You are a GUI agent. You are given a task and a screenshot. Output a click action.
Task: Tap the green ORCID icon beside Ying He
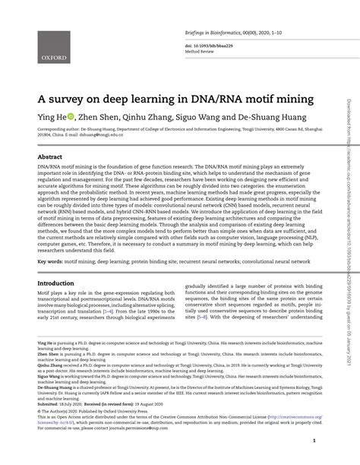tap(71, 117)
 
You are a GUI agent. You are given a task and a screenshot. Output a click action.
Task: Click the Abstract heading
tap(45, 155)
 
